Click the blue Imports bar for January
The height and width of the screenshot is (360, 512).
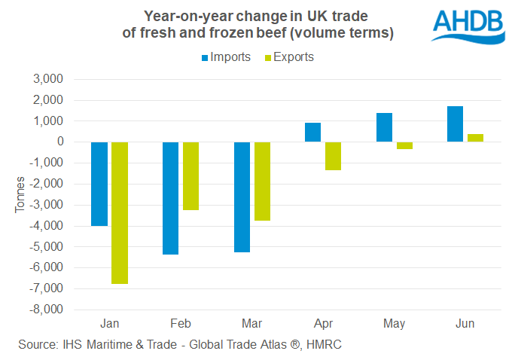pyautogui.click(x=99, y=184)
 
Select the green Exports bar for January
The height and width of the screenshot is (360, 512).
pyautogui.click(x=120, y=212)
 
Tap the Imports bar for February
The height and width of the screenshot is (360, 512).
pyautogui.click(x=170, y=198)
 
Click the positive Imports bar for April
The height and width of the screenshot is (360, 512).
pyautogui.click(x=312, y=133)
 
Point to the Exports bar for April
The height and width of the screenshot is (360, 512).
pyautogui.click(x=333, y=156)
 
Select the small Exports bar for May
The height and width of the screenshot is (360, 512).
pyautogui.click(x=404, y=145)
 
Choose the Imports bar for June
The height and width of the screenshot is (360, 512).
pyautogui.click(x=455, y=124)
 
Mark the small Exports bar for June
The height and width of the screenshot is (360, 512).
pyautogui.click(x=475, y=138)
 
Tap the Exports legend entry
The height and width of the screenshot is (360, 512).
pyautogui.click(x=289, y=57)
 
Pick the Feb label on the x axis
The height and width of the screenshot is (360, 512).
pyautogui.click(x=181, y=324)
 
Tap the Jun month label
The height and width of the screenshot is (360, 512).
pyautogui.click(x=465, y=324)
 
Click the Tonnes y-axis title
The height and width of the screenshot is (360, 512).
pyautogui.click(x=20, y=194)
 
